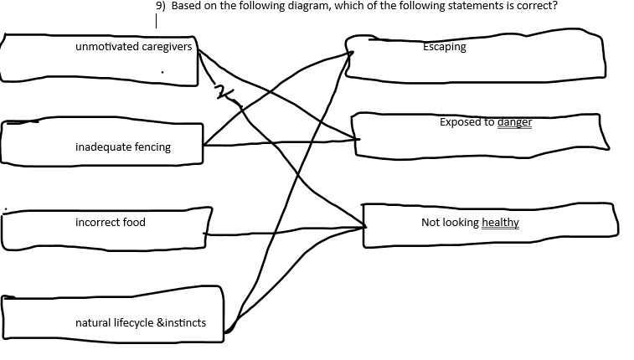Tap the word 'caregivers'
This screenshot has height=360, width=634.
click(x=167, y=47)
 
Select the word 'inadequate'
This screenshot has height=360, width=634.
click(x=103, y=147)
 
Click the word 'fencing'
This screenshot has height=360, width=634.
click(x=152, y=147)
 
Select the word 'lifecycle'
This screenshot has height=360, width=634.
click(x=134, y=323)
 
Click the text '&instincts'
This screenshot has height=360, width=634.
click(x=182, y=323)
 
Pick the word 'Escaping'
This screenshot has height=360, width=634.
click(x=445, y=47)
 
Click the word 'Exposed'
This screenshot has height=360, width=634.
click(x=459, y=122)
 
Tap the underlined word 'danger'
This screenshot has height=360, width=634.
click(x=514, y=122)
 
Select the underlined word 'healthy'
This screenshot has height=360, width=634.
click(x=501, y=223)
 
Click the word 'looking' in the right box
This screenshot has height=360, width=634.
click(x=460, y=223)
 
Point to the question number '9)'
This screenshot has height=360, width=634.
click(x=161, y=6)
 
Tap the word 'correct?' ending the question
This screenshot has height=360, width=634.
click(x=537, y=6)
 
